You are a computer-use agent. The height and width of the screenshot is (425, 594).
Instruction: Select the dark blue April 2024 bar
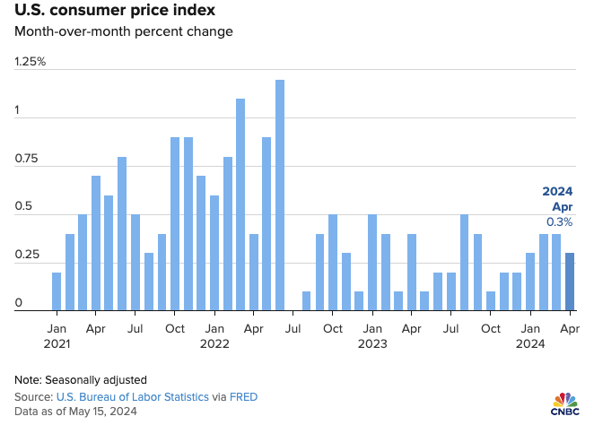(x=570, y=282)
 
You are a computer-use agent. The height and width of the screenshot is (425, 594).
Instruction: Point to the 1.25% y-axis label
(x=30, y=62)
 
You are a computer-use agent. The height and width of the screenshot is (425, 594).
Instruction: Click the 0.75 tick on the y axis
(x=27, y=160)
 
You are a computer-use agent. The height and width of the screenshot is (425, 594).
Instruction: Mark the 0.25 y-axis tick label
(x=27, y=256)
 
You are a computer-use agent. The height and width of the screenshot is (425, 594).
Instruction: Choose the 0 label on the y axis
(x=18, y=304)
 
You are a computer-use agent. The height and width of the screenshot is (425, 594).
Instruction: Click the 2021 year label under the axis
(x=57, y=343)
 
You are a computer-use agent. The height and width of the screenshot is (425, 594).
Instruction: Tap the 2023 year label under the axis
(x=372, y=343)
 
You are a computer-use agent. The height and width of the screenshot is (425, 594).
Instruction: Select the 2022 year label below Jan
(x=214, y=343)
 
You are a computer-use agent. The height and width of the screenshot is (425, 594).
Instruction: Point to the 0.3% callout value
(x=559, y=221)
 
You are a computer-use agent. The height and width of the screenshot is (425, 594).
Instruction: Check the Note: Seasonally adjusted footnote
(x=79, y=379)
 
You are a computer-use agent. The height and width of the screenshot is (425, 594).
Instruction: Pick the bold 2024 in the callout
(x=557, y=191)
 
